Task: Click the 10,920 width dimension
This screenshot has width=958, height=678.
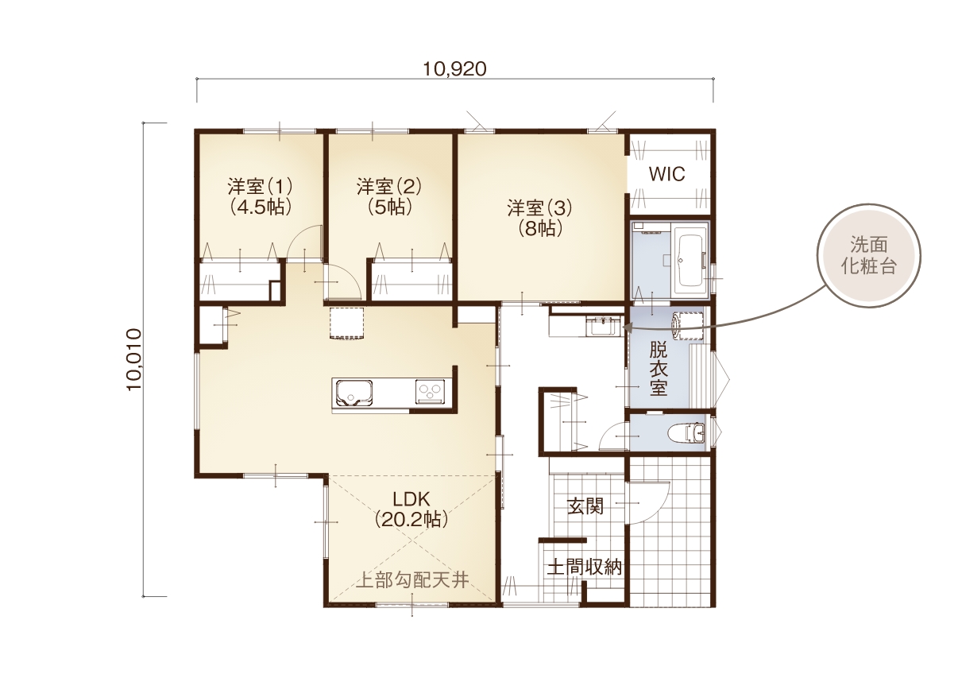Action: tap(454, 69)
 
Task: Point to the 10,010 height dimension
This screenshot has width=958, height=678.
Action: tap(133, 359)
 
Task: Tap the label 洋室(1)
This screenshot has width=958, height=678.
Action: tap(260, 186)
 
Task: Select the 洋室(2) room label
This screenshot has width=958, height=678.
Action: tap(389, 186)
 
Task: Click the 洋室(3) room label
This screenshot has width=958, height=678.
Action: tap(539, 208)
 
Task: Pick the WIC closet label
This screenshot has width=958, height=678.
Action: tap(666, 174)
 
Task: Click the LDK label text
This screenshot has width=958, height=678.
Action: tap(411, 499)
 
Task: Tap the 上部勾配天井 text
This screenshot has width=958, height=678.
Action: tap(412, 580)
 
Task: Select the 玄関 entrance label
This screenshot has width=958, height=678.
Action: tap(585, 507)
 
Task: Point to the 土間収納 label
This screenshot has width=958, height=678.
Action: tap(584, 568)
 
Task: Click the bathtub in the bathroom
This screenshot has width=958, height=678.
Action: tap(691, 261)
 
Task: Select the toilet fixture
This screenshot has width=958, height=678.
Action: tap(686, 432)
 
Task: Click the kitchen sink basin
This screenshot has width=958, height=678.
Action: tap(353, 393)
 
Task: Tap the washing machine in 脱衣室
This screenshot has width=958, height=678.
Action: tap(688, 326)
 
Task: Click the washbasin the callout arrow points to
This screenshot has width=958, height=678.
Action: tap(604, 327)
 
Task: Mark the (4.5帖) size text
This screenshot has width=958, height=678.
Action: tap(261, 207)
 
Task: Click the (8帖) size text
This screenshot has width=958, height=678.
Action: tap(539, 229)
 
